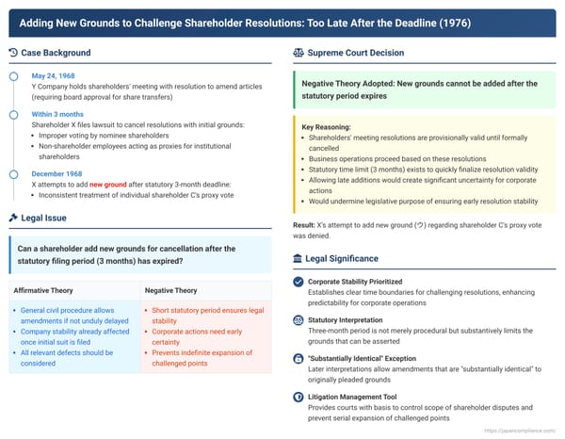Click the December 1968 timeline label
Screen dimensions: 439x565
click(x=59, y=174)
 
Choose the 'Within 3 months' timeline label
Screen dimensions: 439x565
click(x=59, y=114)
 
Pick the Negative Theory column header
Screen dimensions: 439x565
click(x=171, y=291)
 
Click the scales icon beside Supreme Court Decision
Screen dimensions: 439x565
click(x=299, y=53)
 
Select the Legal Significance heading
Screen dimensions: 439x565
click(x=342, y=258)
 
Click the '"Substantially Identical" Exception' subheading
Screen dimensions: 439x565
click(x=369, y=359)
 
